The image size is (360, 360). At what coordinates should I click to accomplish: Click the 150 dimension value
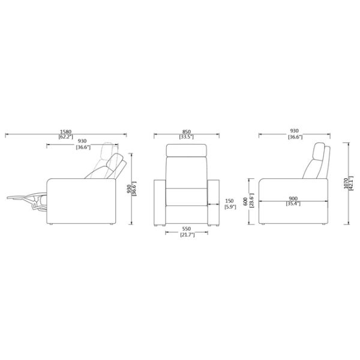(229, 201)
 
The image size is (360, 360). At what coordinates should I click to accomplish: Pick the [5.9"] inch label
(229, 207)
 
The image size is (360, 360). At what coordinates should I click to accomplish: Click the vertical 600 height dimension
(245, 203)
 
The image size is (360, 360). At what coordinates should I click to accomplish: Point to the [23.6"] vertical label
(251, 203)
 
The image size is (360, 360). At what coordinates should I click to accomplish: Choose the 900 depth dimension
(293, 198)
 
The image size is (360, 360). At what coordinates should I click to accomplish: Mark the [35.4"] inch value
(293, 204)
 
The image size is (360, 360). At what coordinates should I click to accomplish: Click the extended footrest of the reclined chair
(24, 196)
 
